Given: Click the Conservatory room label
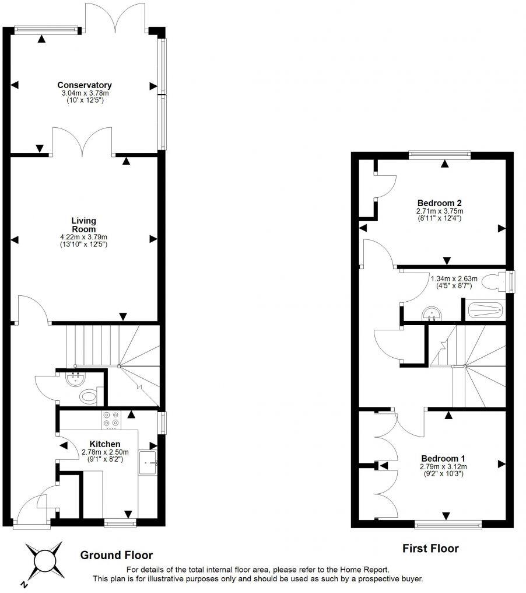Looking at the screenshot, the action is coord(85,85).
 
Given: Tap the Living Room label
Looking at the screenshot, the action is coord(83,225).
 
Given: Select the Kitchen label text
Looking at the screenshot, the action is coord(104,444).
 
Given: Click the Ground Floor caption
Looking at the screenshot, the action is coord(117,555).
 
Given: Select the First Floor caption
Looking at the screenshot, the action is coord(430,549).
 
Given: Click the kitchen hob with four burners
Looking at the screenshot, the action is coord(111,420).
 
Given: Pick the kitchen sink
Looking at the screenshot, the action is coord(148,462).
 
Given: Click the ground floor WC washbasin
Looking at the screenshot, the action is coord(76,379).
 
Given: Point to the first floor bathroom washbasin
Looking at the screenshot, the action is coord(432,313).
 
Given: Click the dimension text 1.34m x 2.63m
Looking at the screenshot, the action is coord(454,279).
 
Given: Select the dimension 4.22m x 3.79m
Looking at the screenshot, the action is coord(83,237).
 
